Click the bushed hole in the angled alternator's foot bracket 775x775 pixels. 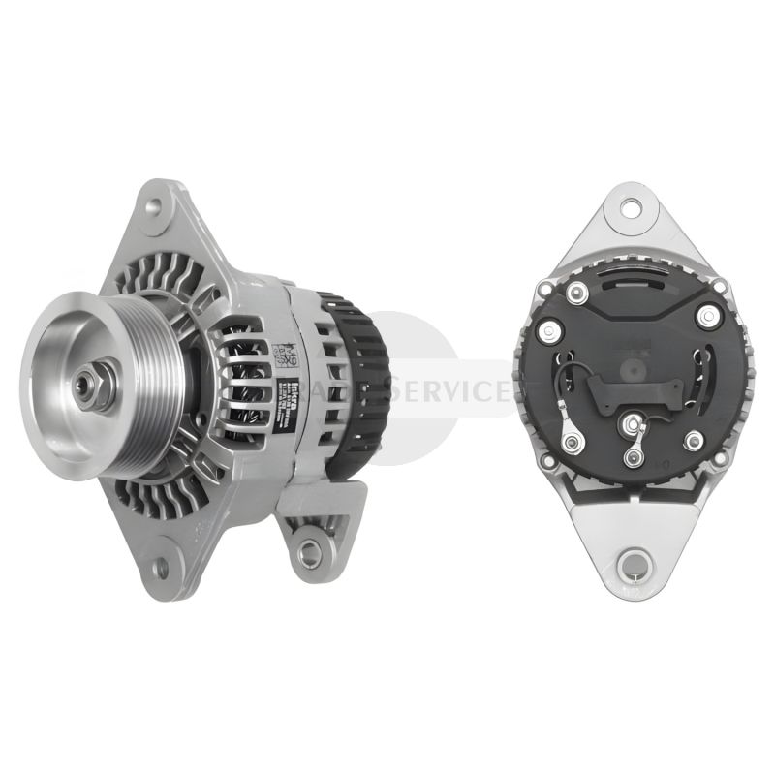click(309, 553)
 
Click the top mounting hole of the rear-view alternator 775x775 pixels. click(632, 205)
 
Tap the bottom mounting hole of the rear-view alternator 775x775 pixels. click(634, 562)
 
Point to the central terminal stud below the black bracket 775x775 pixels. click(635, 424)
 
